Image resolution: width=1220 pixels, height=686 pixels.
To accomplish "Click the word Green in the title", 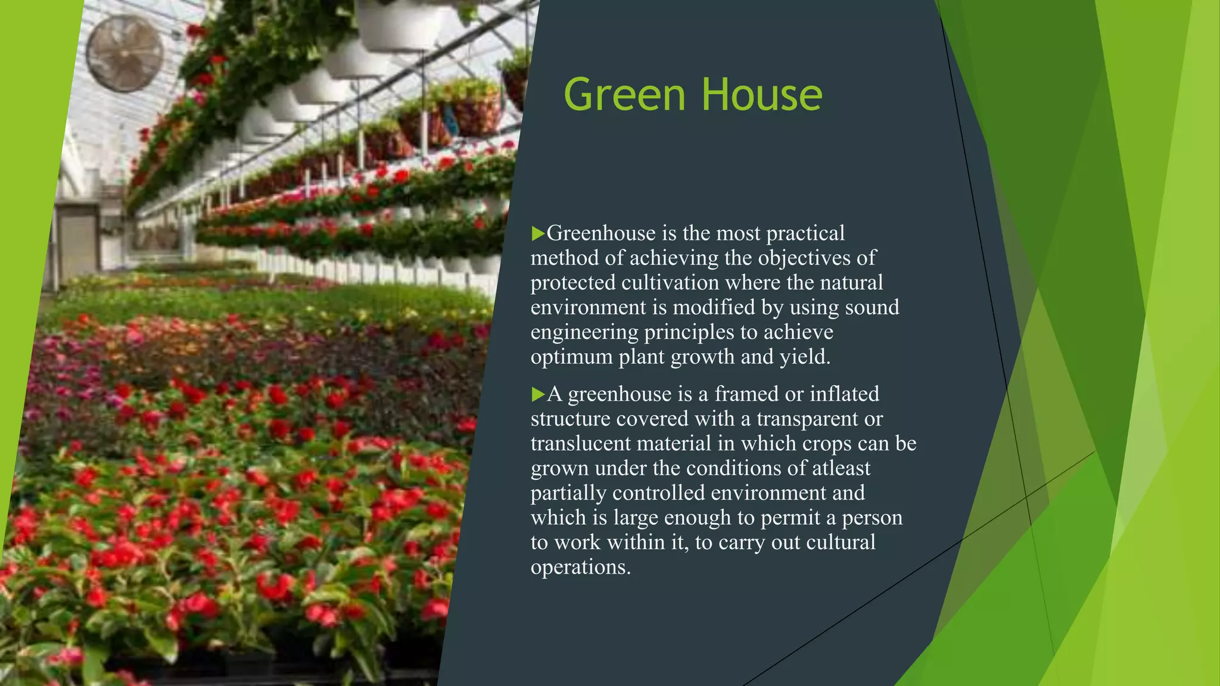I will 624,95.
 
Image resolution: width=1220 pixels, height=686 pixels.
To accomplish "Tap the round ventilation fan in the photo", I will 125,53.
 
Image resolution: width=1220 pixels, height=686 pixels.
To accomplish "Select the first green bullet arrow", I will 538,233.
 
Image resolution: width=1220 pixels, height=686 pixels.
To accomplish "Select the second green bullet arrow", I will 538,394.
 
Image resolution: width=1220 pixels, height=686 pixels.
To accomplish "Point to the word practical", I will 805,233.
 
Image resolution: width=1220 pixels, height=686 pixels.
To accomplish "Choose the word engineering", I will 584,332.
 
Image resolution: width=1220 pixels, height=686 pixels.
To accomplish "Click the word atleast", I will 841,468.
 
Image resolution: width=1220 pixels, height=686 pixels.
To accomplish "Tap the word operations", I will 580,567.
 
